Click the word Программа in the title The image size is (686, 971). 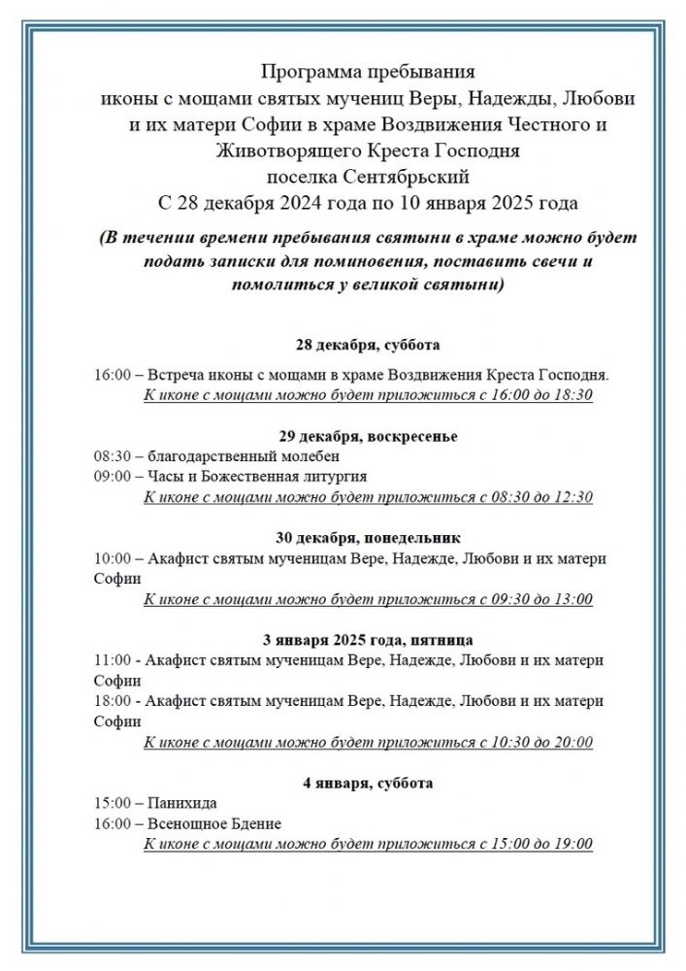point(303,73)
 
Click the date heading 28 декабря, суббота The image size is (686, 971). point(368,345)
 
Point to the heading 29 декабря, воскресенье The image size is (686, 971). point(368,436)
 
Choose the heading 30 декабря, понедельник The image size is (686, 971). point(368,537)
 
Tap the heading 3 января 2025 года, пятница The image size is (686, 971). point(368,640)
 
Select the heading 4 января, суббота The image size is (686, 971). point(368,783)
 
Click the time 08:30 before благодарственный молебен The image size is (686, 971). point(111,456)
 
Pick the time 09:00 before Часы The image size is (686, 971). point(111,477)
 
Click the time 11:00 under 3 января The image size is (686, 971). point(111,660)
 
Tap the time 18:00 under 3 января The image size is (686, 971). point(111,701)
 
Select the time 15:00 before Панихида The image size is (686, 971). point(111,803)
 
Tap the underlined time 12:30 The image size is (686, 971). point(572,497)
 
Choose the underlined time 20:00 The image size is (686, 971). point(572,743)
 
